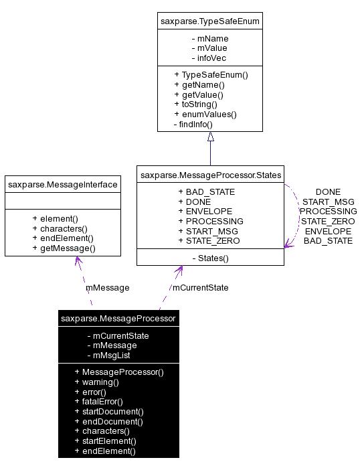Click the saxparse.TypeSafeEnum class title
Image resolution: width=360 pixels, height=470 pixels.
pyautogui.click(x=210, y=21)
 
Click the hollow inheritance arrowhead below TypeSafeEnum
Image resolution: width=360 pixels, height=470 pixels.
pyautogui.click(x=211, y=137)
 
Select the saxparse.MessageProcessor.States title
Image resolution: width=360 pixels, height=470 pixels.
pyautogui.click(x=211, y=175)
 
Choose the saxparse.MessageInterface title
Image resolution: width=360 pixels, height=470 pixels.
pyautogui.click(x=63, y=185)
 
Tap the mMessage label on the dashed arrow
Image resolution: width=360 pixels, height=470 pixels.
pyautogui.click(x=108, y=288)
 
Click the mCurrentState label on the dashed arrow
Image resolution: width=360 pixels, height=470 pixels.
pyautogui.click(x=200, y=288)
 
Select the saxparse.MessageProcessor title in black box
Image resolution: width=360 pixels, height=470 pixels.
pyautogui.click(x=118, y=318)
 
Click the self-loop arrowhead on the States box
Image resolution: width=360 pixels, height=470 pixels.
pyautogui.click(x=288, y=244)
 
